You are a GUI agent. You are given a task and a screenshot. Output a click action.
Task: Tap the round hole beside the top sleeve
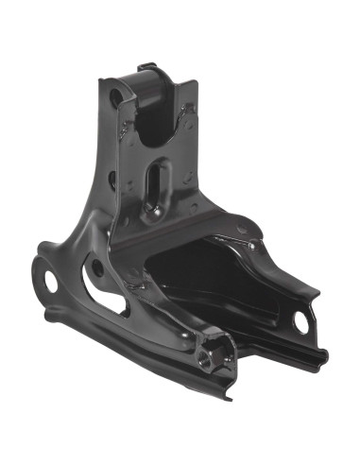115,95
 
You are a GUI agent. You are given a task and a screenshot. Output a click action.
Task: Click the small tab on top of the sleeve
147,67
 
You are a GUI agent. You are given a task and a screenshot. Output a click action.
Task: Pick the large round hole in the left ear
44,275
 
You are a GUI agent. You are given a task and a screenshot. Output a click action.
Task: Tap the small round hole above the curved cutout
95,267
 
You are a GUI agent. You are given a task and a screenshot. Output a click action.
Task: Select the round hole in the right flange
301,321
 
